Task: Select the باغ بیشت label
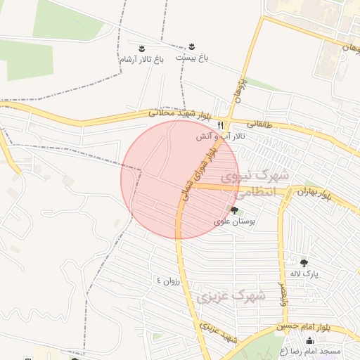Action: pos(192,56)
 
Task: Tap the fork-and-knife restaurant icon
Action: pos(220,124)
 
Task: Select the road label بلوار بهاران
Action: pos(313,191)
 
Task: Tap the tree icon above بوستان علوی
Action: pos(234,210)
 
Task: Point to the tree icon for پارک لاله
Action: pos(304,263)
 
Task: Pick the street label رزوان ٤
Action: pos(169,281)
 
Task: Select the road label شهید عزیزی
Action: pos(217,333)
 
